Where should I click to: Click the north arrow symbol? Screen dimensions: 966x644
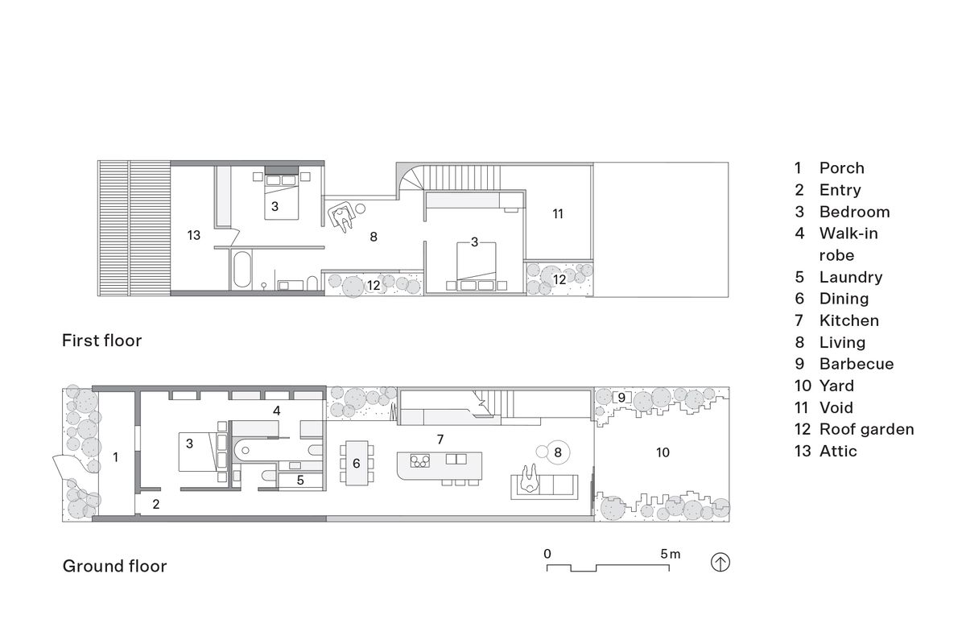(720, 563)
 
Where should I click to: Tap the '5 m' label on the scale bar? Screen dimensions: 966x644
(670, 554)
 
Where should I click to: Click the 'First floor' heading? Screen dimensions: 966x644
(101, 341)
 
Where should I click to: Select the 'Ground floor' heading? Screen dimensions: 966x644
(114, 566)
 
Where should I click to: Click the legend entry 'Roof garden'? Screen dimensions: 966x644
(866, 429)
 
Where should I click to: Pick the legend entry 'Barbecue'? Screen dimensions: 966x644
(857, 364)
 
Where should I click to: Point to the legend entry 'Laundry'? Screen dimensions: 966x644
(851, 277)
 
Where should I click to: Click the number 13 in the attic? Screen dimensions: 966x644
(194, 235)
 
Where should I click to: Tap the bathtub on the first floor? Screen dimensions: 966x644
(242, 270)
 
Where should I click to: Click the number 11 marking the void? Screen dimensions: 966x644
(558, 213)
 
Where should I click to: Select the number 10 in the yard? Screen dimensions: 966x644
(663, 452)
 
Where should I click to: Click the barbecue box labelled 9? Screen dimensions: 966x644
(621, 398)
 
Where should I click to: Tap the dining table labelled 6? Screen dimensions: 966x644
(357, 463)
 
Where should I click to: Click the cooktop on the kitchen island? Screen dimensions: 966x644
(419, 460)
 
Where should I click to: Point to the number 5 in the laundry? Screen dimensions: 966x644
(300, 480)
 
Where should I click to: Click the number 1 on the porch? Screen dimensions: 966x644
(115, 456)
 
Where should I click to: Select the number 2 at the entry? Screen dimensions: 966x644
(156, 504)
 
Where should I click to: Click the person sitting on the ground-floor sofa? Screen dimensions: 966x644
(530, 478)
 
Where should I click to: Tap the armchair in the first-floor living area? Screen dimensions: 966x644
(343, 216)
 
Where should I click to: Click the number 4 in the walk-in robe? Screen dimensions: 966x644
(276, 411)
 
